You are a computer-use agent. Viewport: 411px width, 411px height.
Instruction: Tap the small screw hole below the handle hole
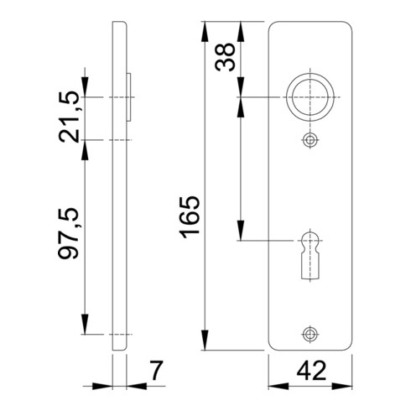(x=311, y=140)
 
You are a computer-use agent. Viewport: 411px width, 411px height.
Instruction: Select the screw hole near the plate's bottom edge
(x=311, y=333)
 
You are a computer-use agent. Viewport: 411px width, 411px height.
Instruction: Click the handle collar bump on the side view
(x=129, y=99)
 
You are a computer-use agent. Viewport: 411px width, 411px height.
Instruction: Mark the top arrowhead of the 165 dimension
(x=204, y=25)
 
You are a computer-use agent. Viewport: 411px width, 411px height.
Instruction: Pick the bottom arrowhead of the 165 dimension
(x=204, y=344)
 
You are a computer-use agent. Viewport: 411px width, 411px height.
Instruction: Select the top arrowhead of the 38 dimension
(x=242, y=25)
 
